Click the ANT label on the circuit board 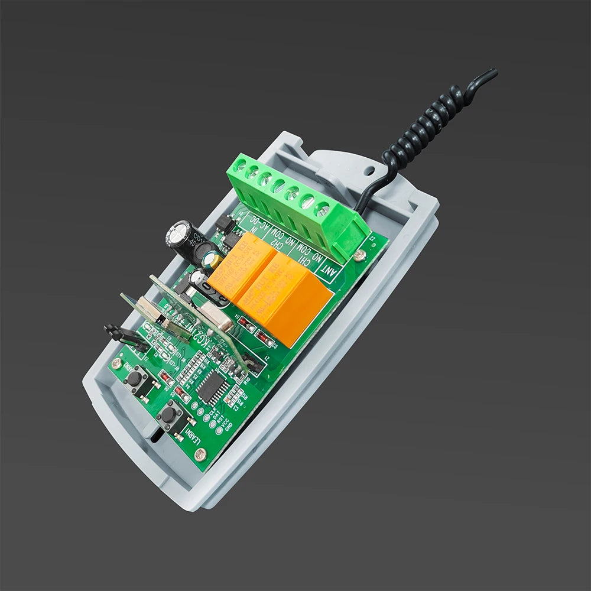pos(327,269)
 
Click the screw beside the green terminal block pos(359,255)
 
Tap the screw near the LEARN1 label pos(200,454)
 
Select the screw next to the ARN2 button pos(117,363)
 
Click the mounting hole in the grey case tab pos(371,170)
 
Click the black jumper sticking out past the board pos(123,336)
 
